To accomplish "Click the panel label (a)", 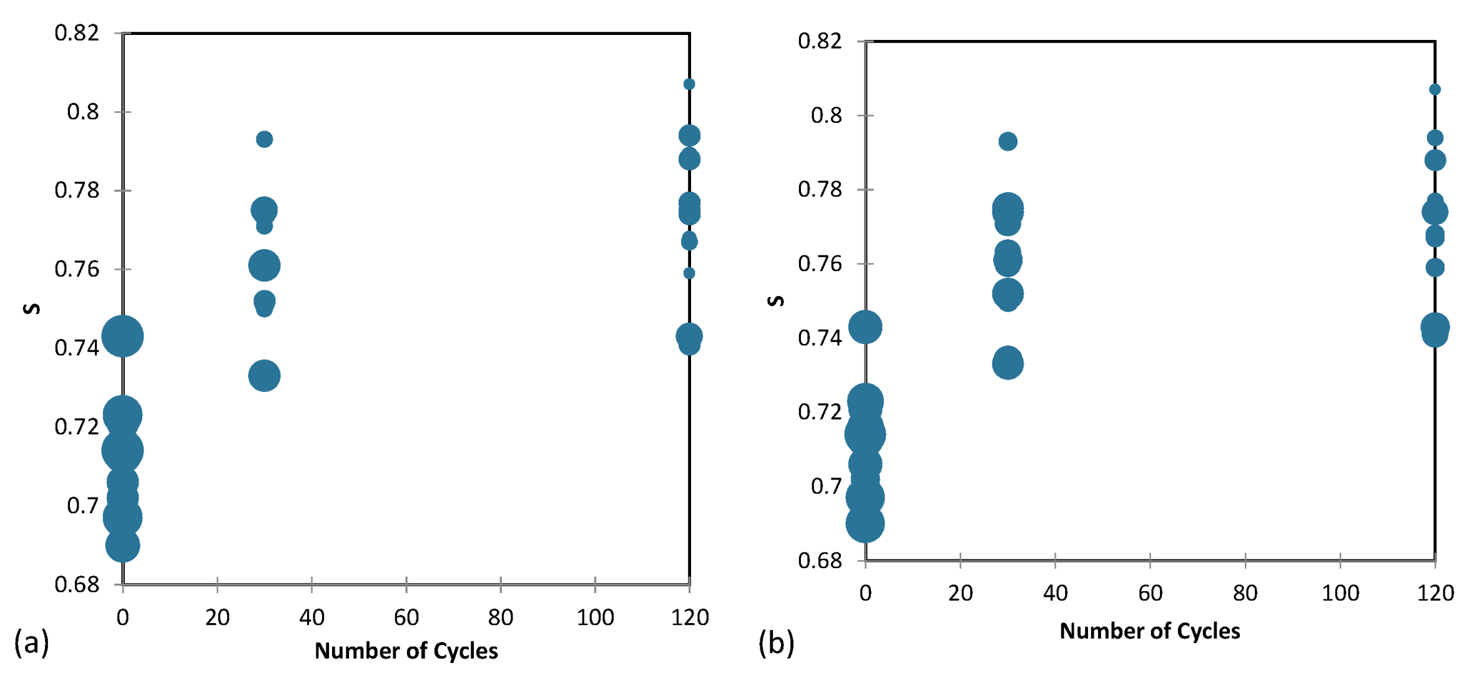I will click(x=31, y=642).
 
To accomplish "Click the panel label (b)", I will click(x=776, y=642).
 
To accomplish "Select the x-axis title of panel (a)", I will click(x=406, y=651).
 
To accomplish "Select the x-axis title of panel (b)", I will click(x=1149, y=631).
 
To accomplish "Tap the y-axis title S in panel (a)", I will click(x=32, y=308).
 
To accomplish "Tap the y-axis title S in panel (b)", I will click(x=775, y=301).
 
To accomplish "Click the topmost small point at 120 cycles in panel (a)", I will click(x=689, y=84).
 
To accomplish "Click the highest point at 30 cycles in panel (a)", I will click(x=264, y=139).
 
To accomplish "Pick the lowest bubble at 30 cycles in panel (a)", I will click(x=264, y=376).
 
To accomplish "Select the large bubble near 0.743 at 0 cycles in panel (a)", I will click(x=123, y=337).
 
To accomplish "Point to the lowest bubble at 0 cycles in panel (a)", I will click(x=122, y=546).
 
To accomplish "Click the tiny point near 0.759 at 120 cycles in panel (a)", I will click(x=689, y=273).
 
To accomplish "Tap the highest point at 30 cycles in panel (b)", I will click(x=1008, y=142).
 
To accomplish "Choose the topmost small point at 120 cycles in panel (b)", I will click(x=1435, y=90).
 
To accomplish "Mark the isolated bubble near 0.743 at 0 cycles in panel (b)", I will click(x=865, y=327).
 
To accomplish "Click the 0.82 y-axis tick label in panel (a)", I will click(x=77, y=33).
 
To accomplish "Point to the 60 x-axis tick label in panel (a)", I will click(x=406, y=617).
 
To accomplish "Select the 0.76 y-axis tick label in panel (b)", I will click(x=820, y=263).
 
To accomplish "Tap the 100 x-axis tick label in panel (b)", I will click(x=1340, y=593).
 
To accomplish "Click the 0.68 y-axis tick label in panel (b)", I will click(x=820, y=561).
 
